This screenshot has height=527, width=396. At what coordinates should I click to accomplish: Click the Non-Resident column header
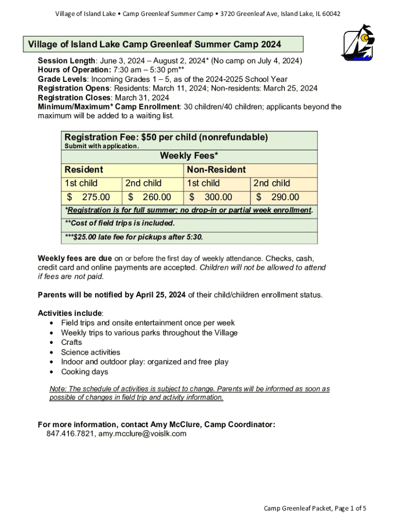click(x=216, y=169)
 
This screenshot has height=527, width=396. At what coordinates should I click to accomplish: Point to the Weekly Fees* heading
click(x=189, y=155)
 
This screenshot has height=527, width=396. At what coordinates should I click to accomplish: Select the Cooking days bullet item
click(x=85, y=372)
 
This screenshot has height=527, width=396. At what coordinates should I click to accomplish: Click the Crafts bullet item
click(x=71, y=342)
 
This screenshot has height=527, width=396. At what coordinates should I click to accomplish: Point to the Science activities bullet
click(x=91, y=352)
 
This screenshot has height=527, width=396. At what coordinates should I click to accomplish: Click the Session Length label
click(x=66, y=61)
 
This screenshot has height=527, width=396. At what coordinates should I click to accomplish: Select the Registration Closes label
click(x=74, y=98)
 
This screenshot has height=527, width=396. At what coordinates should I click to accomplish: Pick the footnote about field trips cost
click(x=120, y=223)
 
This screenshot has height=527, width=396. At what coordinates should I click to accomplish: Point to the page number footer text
click(x=315, y=508)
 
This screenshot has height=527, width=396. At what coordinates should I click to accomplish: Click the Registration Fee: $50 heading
click(x=166, y=137)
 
